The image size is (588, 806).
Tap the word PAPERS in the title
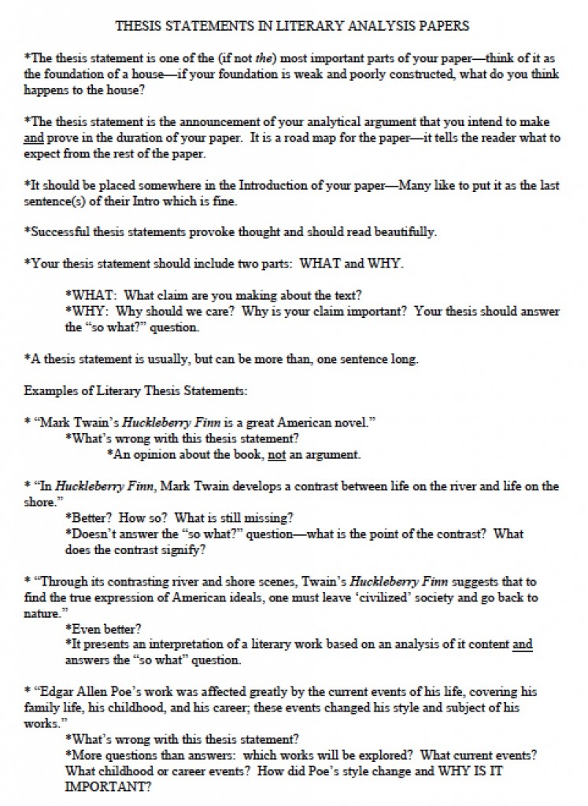pyautogui.click(x=442, y=26)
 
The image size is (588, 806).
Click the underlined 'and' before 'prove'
pyautogui.click(x=34, y=138)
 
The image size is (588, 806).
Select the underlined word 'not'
pyautogui.click(x=276, y=454)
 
